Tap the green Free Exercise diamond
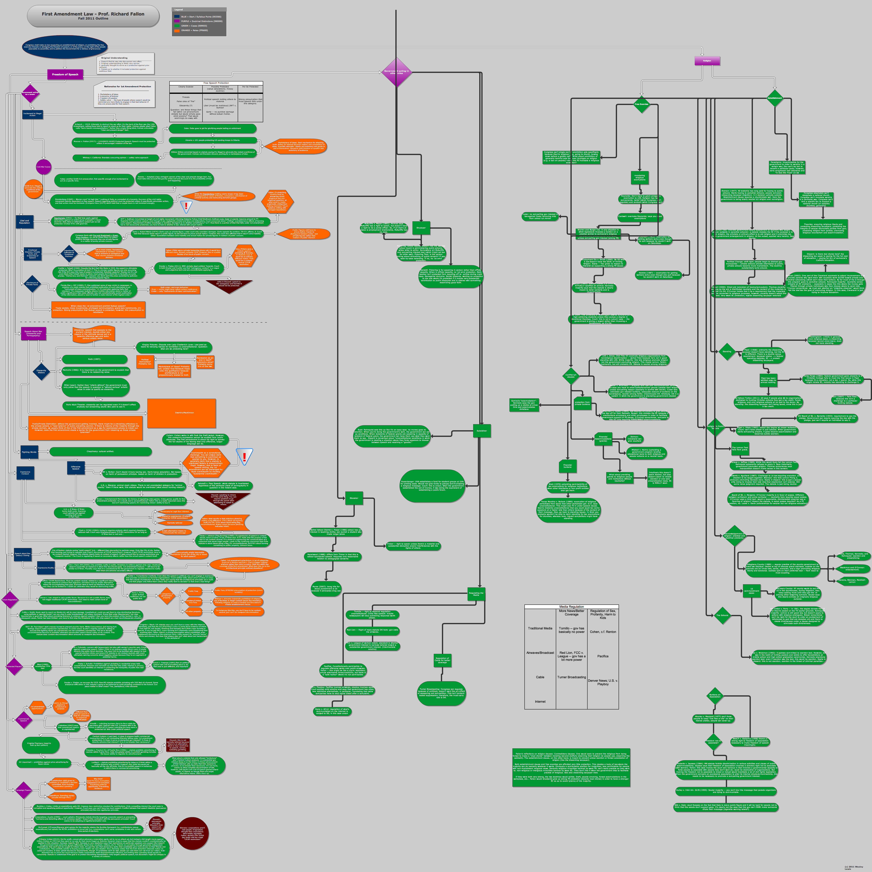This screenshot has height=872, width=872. coord(641,104)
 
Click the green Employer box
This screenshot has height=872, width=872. coord(421,228)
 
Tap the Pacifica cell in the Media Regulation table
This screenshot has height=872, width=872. coord(603,656)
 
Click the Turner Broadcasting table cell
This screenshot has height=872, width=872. coord(571,677)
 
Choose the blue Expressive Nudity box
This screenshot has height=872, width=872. coord(46,568)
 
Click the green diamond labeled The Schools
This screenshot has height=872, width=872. coord(722,615)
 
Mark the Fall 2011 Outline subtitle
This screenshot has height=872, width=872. coord(93,18)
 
